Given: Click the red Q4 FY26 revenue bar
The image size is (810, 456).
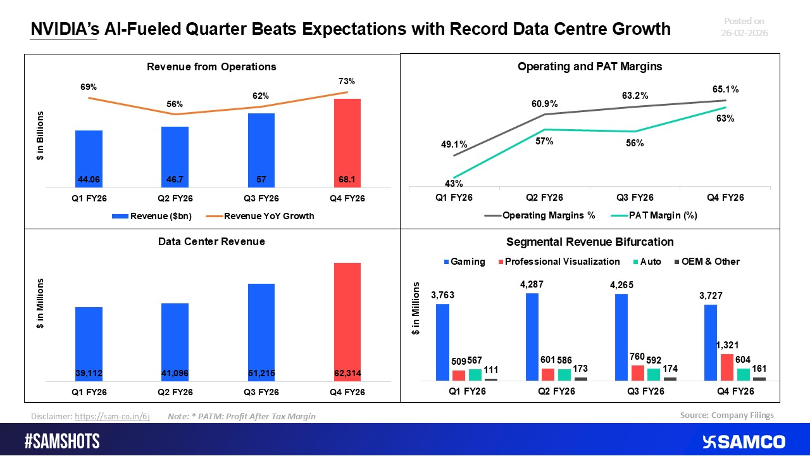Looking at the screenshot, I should click(x=347, y=142).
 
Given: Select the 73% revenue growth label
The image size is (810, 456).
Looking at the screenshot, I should click(x=346, y=81).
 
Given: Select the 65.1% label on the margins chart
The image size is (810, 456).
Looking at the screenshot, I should click(x=725, y=90).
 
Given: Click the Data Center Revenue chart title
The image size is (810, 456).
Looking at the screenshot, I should click(x=211, y=241).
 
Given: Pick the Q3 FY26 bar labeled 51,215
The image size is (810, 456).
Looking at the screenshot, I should click(x=261, y=332).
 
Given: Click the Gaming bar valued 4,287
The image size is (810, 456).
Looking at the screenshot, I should click(x=532, y=336).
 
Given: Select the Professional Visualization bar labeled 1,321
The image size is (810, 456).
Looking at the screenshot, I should click(x=727, y=367).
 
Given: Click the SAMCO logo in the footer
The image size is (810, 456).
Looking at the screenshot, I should click(x=744, y=441).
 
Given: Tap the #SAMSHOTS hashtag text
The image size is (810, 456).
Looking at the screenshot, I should click(x=62, y=441).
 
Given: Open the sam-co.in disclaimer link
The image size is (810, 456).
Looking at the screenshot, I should click(x=112, y=417).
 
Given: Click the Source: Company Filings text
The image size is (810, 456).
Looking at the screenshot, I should click(x=726, y=415).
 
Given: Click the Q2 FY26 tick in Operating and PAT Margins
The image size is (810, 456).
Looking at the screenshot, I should click(x=545, y=198).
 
